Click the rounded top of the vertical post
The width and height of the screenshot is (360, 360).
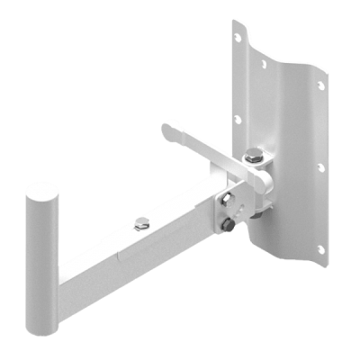41,191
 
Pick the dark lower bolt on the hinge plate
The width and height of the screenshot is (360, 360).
230,226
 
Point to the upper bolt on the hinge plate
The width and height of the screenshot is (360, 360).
227,199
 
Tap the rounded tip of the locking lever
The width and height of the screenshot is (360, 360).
167,132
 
